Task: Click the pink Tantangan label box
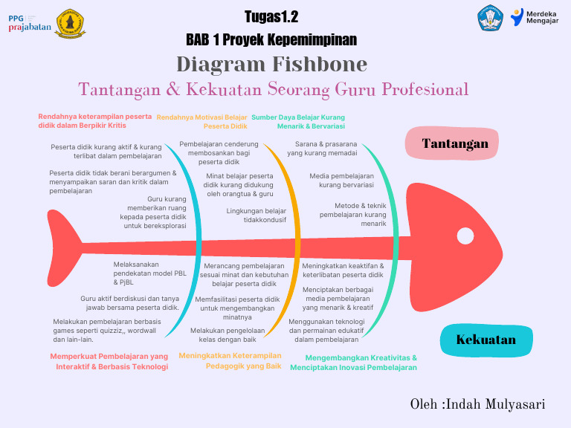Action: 455,143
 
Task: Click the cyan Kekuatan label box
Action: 486,340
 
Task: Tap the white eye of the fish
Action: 465,236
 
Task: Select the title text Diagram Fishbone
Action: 272,64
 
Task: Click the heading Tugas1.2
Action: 271,17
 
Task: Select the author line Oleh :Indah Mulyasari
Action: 477,404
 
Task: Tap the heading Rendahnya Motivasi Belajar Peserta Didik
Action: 202,122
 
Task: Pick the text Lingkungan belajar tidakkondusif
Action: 256,215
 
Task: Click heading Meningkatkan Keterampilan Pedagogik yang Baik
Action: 230,360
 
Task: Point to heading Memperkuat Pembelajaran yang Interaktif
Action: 109,361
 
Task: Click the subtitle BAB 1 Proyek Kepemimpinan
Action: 271,39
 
